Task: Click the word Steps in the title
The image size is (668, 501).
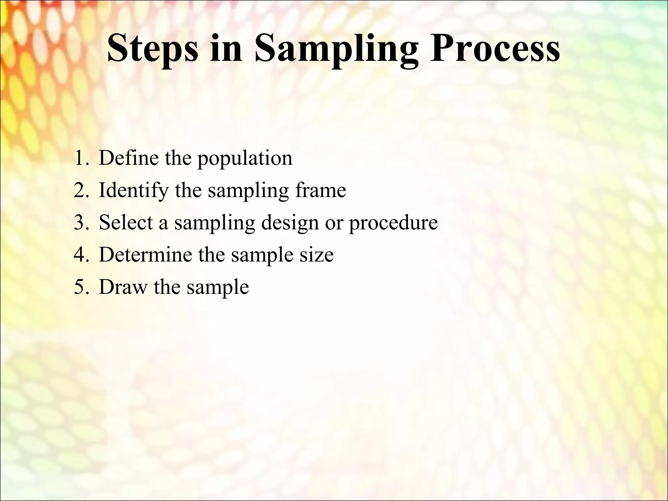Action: pyautogui.click(x=152, y=49)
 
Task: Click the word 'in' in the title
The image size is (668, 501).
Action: pyautogui.click(x=226, y=49)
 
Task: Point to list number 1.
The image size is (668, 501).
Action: pyautogui.click(x=80, y=158)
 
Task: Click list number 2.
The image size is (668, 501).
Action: pyautogui.click(x=81, y=190)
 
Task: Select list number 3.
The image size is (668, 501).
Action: pyautogui.click(x=81, y=223)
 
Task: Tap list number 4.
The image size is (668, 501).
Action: pyautogui.click(x=81, y=255)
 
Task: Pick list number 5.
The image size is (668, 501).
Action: pyautogui.click(x=81, y=287)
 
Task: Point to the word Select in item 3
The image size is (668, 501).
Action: pyautogui.click(x=126, y=222)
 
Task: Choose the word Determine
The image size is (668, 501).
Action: pyautogui.click(x=145, y=255)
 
